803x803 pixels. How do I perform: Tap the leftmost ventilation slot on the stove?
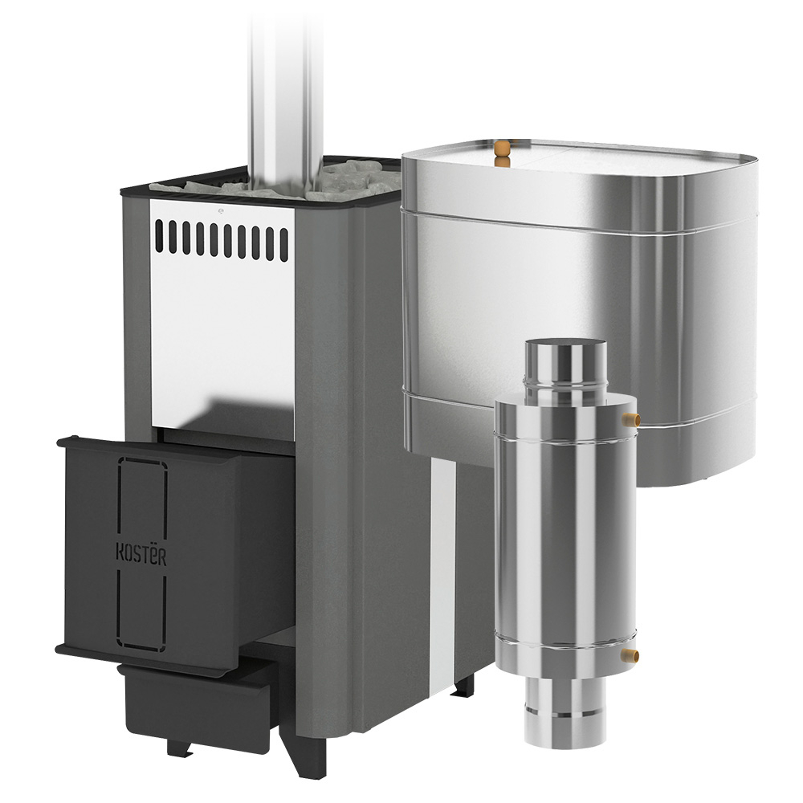[160, 235]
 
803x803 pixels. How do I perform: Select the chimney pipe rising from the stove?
[286, 97]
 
